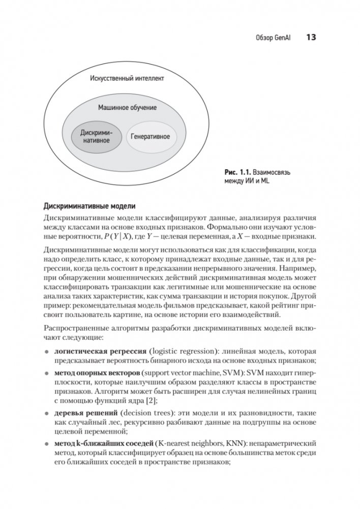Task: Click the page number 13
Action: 311,37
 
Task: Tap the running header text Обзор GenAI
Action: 276,38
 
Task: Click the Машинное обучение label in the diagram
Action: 127,108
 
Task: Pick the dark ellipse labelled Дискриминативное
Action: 96,136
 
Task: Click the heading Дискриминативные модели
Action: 90,206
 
